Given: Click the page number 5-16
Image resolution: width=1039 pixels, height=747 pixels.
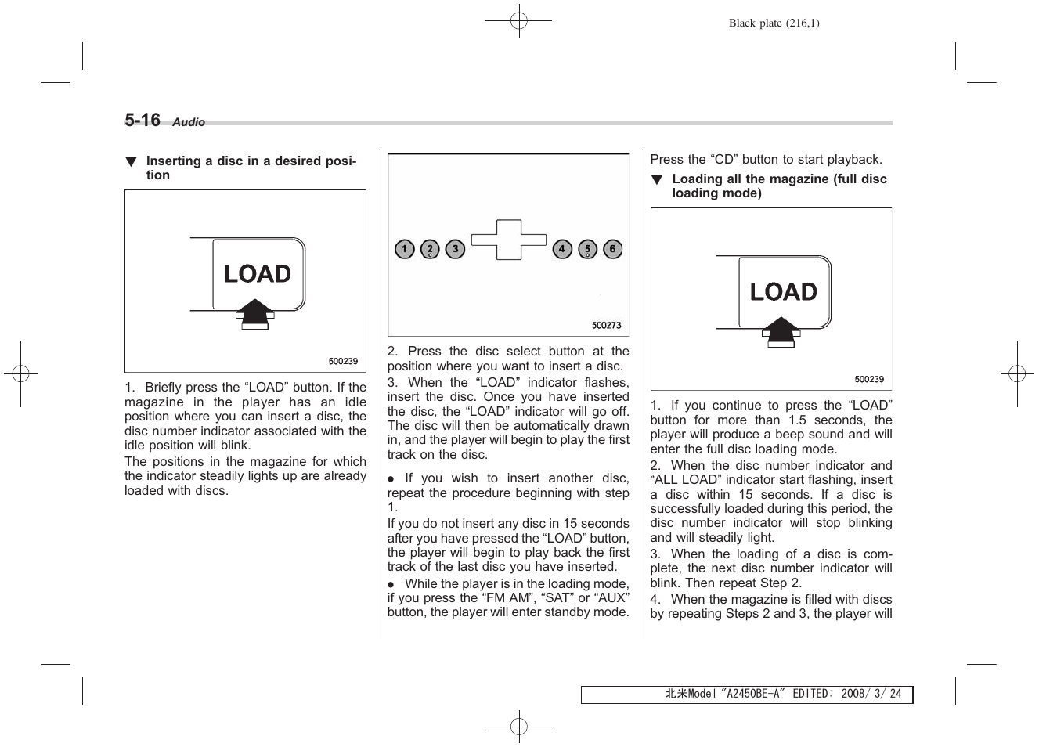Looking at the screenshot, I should (x=142, y=120).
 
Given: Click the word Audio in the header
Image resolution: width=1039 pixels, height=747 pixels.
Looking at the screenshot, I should (x=189, y=122).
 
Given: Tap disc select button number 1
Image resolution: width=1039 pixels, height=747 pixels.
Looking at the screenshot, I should (x=404, y=250).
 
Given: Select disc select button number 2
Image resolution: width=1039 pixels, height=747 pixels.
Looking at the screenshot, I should (x=430, y=250).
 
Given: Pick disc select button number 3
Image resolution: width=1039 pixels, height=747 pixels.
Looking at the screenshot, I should (x=455, y=250).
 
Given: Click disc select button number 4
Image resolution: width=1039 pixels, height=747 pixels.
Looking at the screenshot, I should (x=562, y=250).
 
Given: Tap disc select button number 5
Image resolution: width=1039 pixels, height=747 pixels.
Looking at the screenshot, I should (x=587, y=250).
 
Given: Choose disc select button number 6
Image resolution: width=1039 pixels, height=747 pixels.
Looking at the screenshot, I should (x=612, y=250).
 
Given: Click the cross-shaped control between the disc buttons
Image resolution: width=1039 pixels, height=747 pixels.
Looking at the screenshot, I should (x=508, y=240).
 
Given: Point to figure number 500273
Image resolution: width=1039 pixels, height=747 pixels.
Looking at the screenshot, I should (x=606, y=326).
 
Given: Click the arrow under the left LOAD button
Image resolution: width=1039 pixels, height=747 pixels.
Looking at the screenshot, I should (x=254, y=314).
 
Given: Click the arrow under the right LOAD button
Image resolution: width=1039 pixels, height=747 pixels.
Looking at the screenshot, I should (x=781, y=332).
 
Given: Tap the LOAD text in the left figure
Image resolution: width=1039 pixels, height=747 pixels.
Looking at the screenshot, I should (x=257, y=274).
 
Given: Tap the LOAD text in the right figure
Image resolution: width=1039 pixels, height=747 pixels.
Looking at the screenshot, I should (x=783, y=292).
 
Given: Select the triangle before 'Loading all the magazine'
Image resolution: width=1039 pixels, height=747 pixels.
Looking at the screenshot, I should (x=657, y=180).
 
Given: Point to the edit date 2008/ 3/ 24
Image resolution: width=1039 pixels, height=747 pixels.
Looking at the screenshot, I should (x=871, y=695).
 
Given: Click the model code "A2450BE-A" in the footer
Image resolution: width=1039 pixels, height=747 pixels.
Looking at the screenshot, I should (x=752, y=695).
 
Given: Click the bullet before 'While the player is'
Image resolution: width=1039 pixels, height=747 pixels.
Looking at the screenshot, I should (x=391, y=585).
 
